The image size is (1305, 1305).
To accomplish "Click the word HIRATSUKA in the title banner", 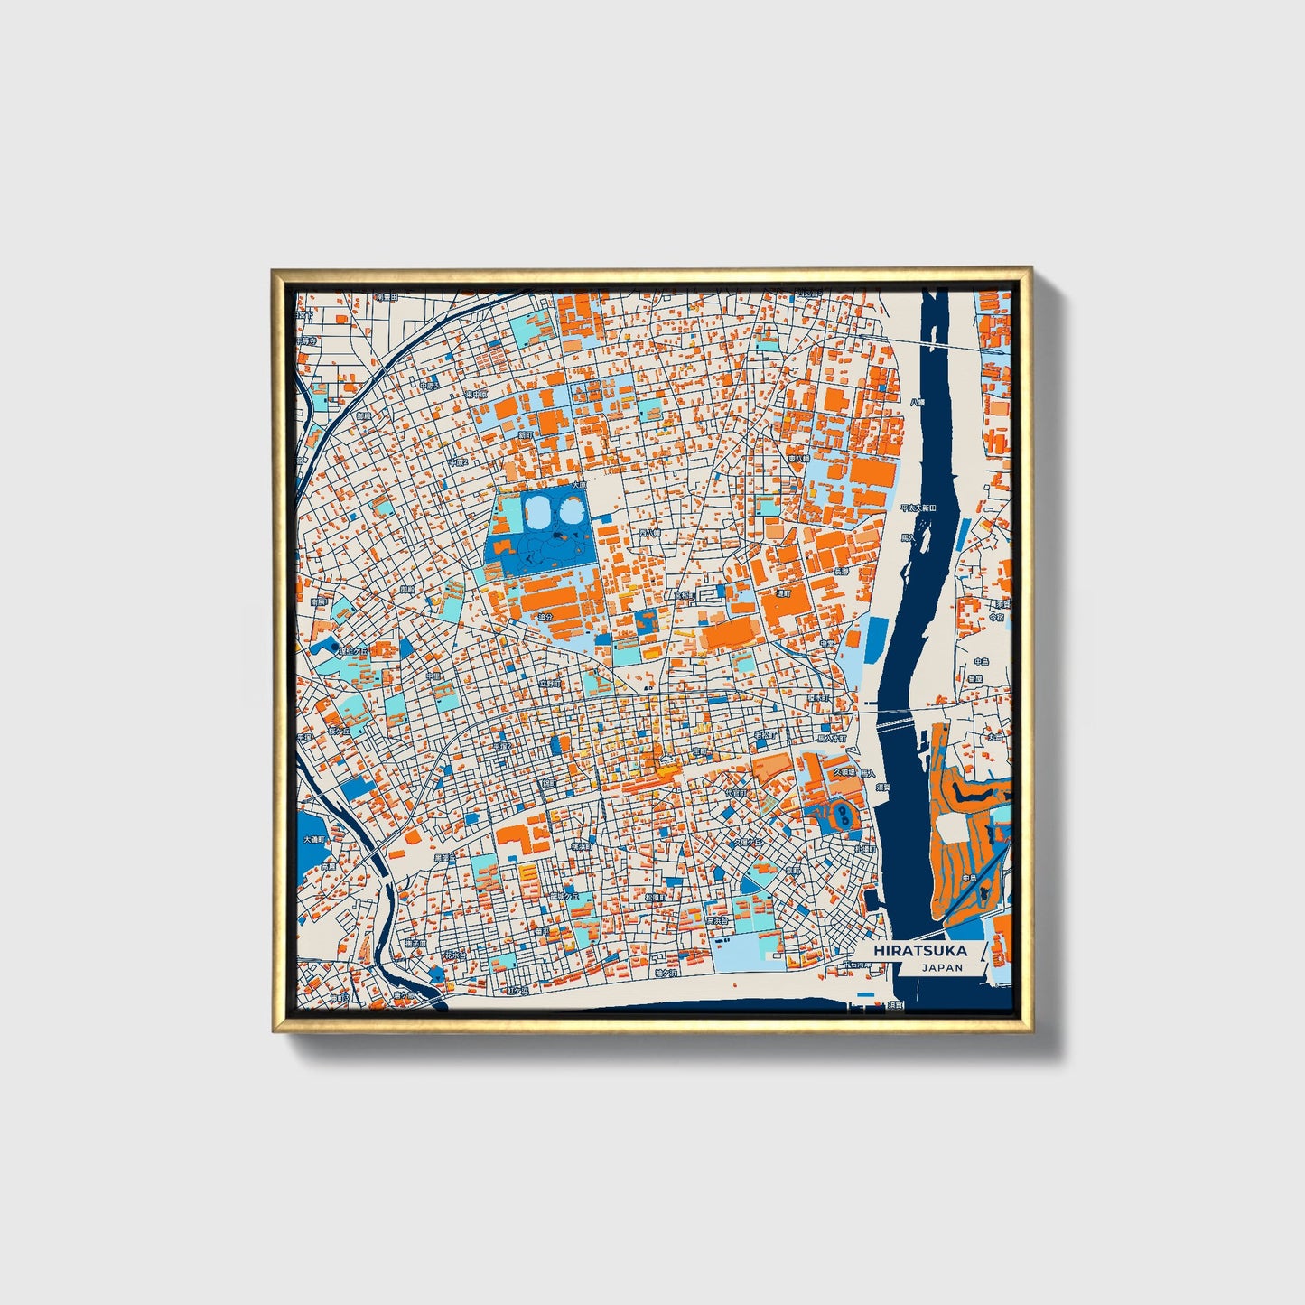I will pyautogui.click(x=919, y=951).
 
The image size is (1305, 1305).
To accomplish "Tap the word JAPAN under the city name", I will pyautogui.click(x=942, y=967).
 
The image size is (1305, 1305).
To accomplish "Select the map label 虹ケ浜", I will pyautogui.click(x=518, y=991).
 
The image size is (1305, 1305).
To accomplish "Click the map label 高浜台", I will pyautogui.click(x=718, y=921).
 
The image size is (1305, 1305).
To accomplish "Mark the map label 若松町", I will pyautogui.click(x=764, y=736).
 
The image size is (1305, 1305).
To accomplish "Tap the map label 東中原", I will pyautogui.click(x=476, y=395).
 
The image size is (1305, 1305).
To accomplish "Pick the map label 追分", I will pyautogui.click(x=544, y=618).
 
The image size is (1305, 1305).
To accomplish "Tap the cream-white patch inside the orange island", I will pyautogui.click(x=951, y=826).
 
